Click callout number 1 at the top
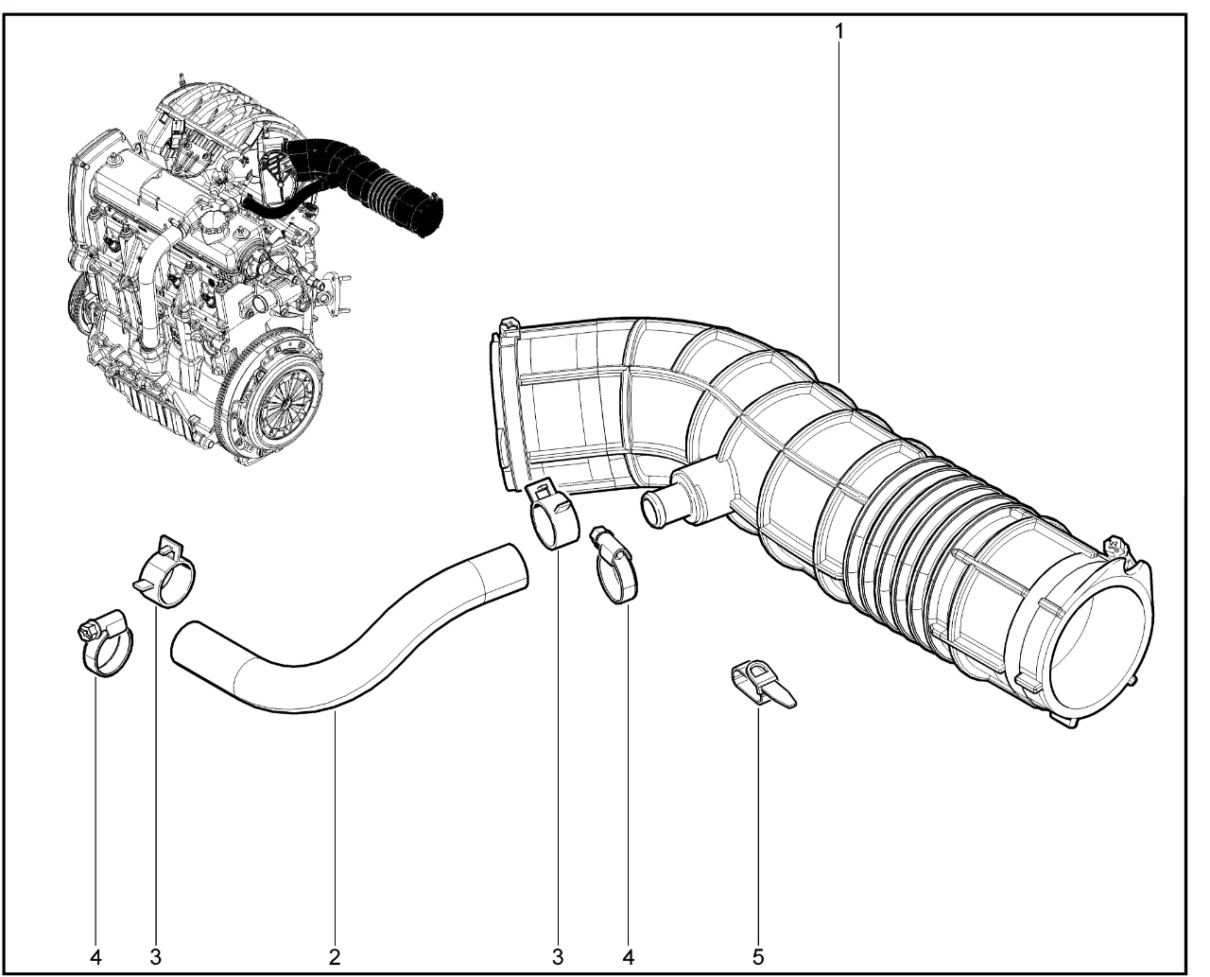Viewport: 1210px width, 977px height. point(839,32)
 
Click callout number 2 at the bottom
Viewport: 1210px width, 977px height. point(335,956)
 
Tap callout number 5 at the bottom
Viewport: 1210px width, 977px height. point(758,956)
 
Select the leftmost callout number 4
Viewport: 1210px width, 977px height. point(95,956)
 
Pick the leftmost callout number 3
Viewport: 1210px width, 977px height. point(156,956)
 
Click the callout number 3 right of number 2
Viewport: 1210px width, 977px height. point(558,956)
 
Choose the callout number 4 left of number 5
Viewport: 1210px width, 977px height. point(628,956)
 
